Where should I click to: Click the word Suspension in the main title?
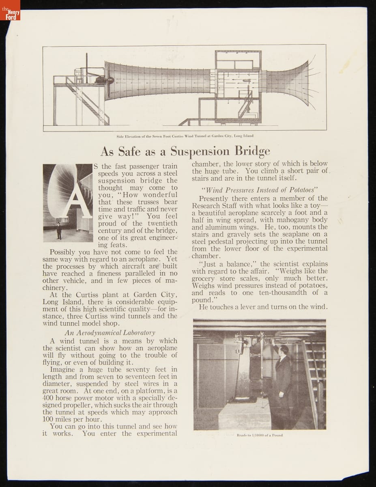point(200,151)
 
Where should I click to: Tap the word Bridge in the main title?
point(252,151)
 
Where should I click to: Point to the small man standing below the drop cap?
point(59,231)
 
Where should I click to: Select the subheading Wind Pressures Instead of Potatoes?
point(259,190)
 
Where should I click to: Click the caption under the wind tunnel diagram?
point(185,136)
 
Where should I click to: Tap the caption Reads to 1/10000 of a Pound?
point(260,435)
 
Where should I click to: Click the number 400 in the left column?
point(49,398)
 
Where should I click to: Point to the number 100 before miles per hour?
point(48,419)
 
